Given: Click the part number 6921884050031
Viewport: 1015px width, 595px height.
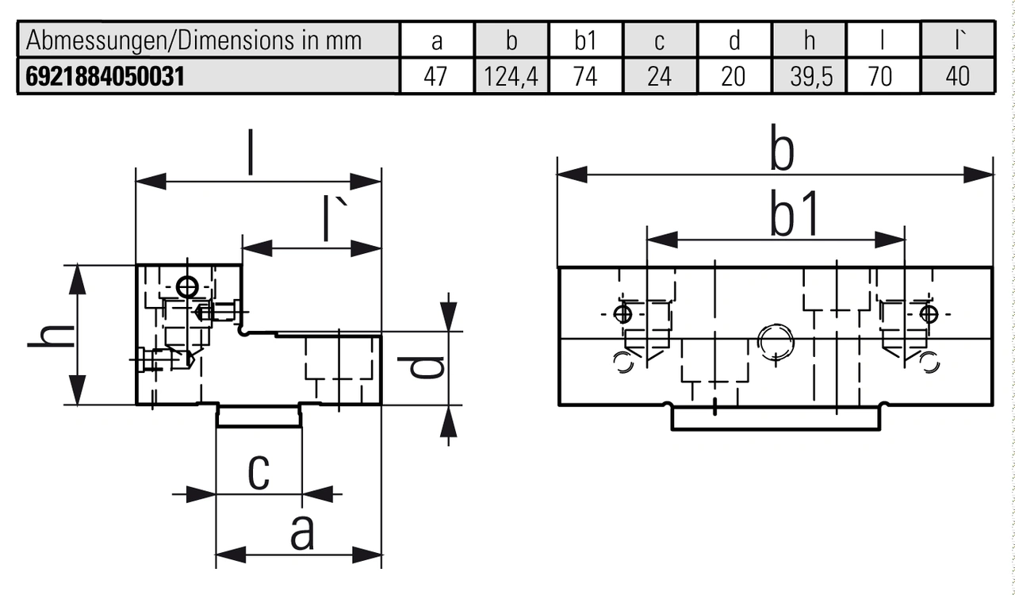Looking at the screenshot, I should pyautogui.click(x=105, y=77).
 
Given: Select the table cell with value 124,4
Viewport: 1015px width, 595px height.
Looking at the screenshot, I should pyautogui.click(x=511, y=77).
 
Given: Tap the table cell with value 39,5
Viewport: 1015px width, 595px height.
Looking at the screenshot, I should pyautogui.click(x=809, y=77).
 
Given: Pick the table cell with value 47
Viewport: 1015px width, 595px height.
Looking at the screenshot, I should pyautogui.click(x=435, y=77).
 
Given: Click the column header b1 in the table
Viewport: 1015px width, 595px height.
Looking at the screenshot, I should pyautogui.click(x=584, y=40).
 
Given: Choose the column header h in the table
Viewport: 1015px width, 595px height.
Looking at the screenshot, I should pyautogui.click(x=809, y=40).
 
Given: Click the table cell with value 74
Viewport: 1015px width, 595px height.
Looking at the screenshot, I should pyautogui.click(x=584, y=77).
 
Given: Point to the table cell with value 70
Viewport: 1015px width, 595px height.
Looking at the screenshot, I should pyautogui.click(x=881, y=77).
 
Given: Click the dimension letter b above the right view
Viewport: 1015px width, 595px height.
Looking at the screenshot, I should pyautogui.click(x=783, y=152).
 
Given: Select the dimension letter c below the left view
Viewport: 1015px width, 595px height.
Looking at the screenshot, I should pyautogui.click(x=259, y=472).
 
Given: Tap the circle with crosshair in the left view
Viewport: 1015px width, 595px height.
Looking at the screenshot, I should pyautogui.click(x=188, y=286).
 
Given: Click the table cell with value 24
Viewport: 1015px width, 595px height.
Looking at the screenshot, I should pyautogui.click(x=659, y=77).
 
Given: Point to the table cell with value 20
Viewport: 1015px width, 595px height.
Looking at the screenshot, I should pyautogui.click(x=733, y=77).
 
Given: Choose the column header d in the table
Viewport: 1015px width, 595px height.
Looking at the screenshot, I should pyautogui.click(x=733, y=40).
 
